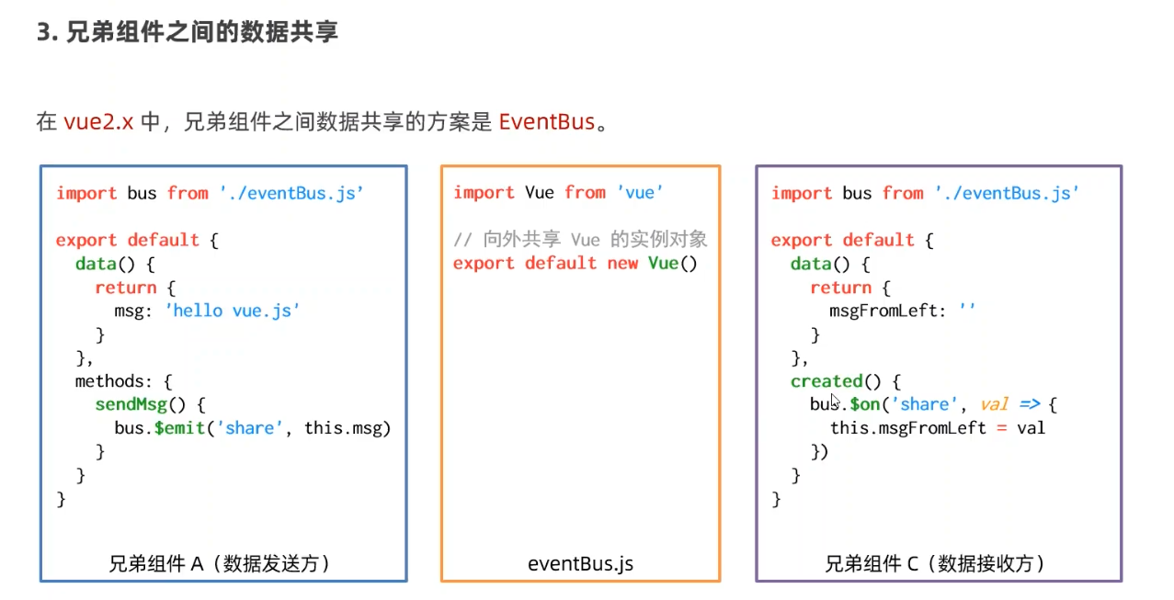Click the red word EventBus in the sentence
pyautogui.click(x=547, y=122)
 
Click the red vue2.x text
pyautogui.click(x=98, y=122)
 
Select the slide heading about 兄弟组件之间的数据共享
pyautogui.click(x=188, y=33)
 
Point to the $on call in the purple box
pyautogui.click(x=865, y=404)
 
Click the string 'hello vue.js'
pyautogui.click(x=233, y=311)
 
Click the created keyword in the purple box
pyautogui.click(x=826, y=381)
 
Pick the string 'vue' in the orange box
pyautogui.click(x=640, y=192)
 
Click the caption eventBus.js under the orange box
pyautogui.click(x=580, y=563)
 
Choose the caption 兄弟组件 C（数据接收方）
pyautogui.click(x=935, y=563)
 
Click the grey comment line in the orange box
pyautogui.click(x=580, y=240)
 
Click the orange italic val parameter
pyautogui.click(x=995, y=404)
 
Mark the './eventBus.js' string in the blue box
pyautogui.click(x=291, y=193)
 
